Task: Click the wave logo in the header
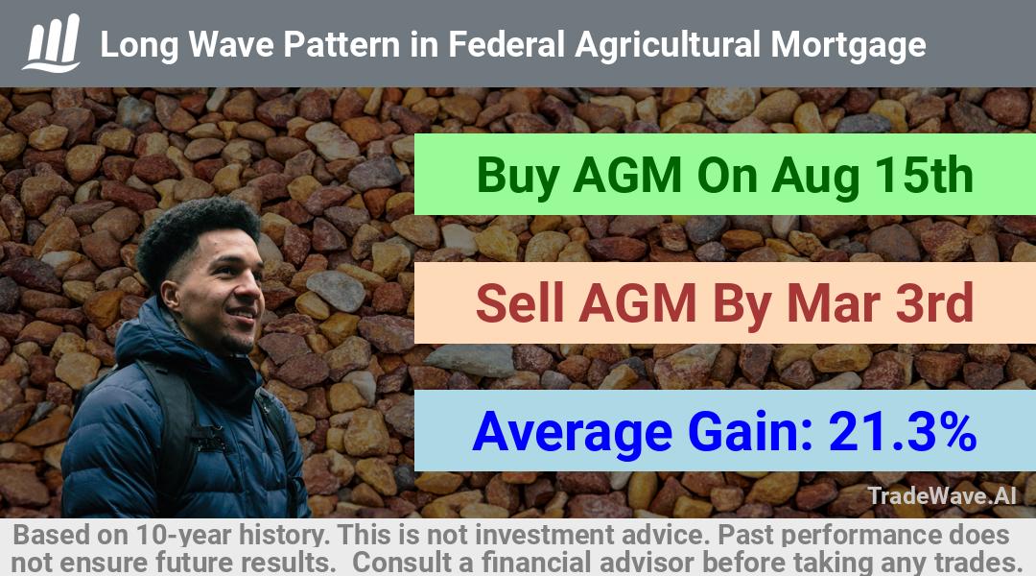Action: coord(52,43)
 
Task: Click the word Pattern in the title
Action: coord(341,45)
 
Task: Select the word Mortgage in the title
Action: coord(848,46)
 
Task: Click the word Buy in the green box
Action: coord(518,177)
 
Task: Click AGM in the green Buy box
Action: coord(627,176)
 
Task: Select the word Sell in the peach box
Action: coord(520,302)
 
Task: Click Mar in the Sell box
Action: coord(835,302)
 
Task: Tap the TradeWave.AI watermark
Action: coord(942,495)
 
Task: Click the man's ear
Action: coord(170,295)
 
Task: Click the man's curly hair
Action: coord(195,239)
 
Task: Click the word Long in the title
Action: coord(139,46)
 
